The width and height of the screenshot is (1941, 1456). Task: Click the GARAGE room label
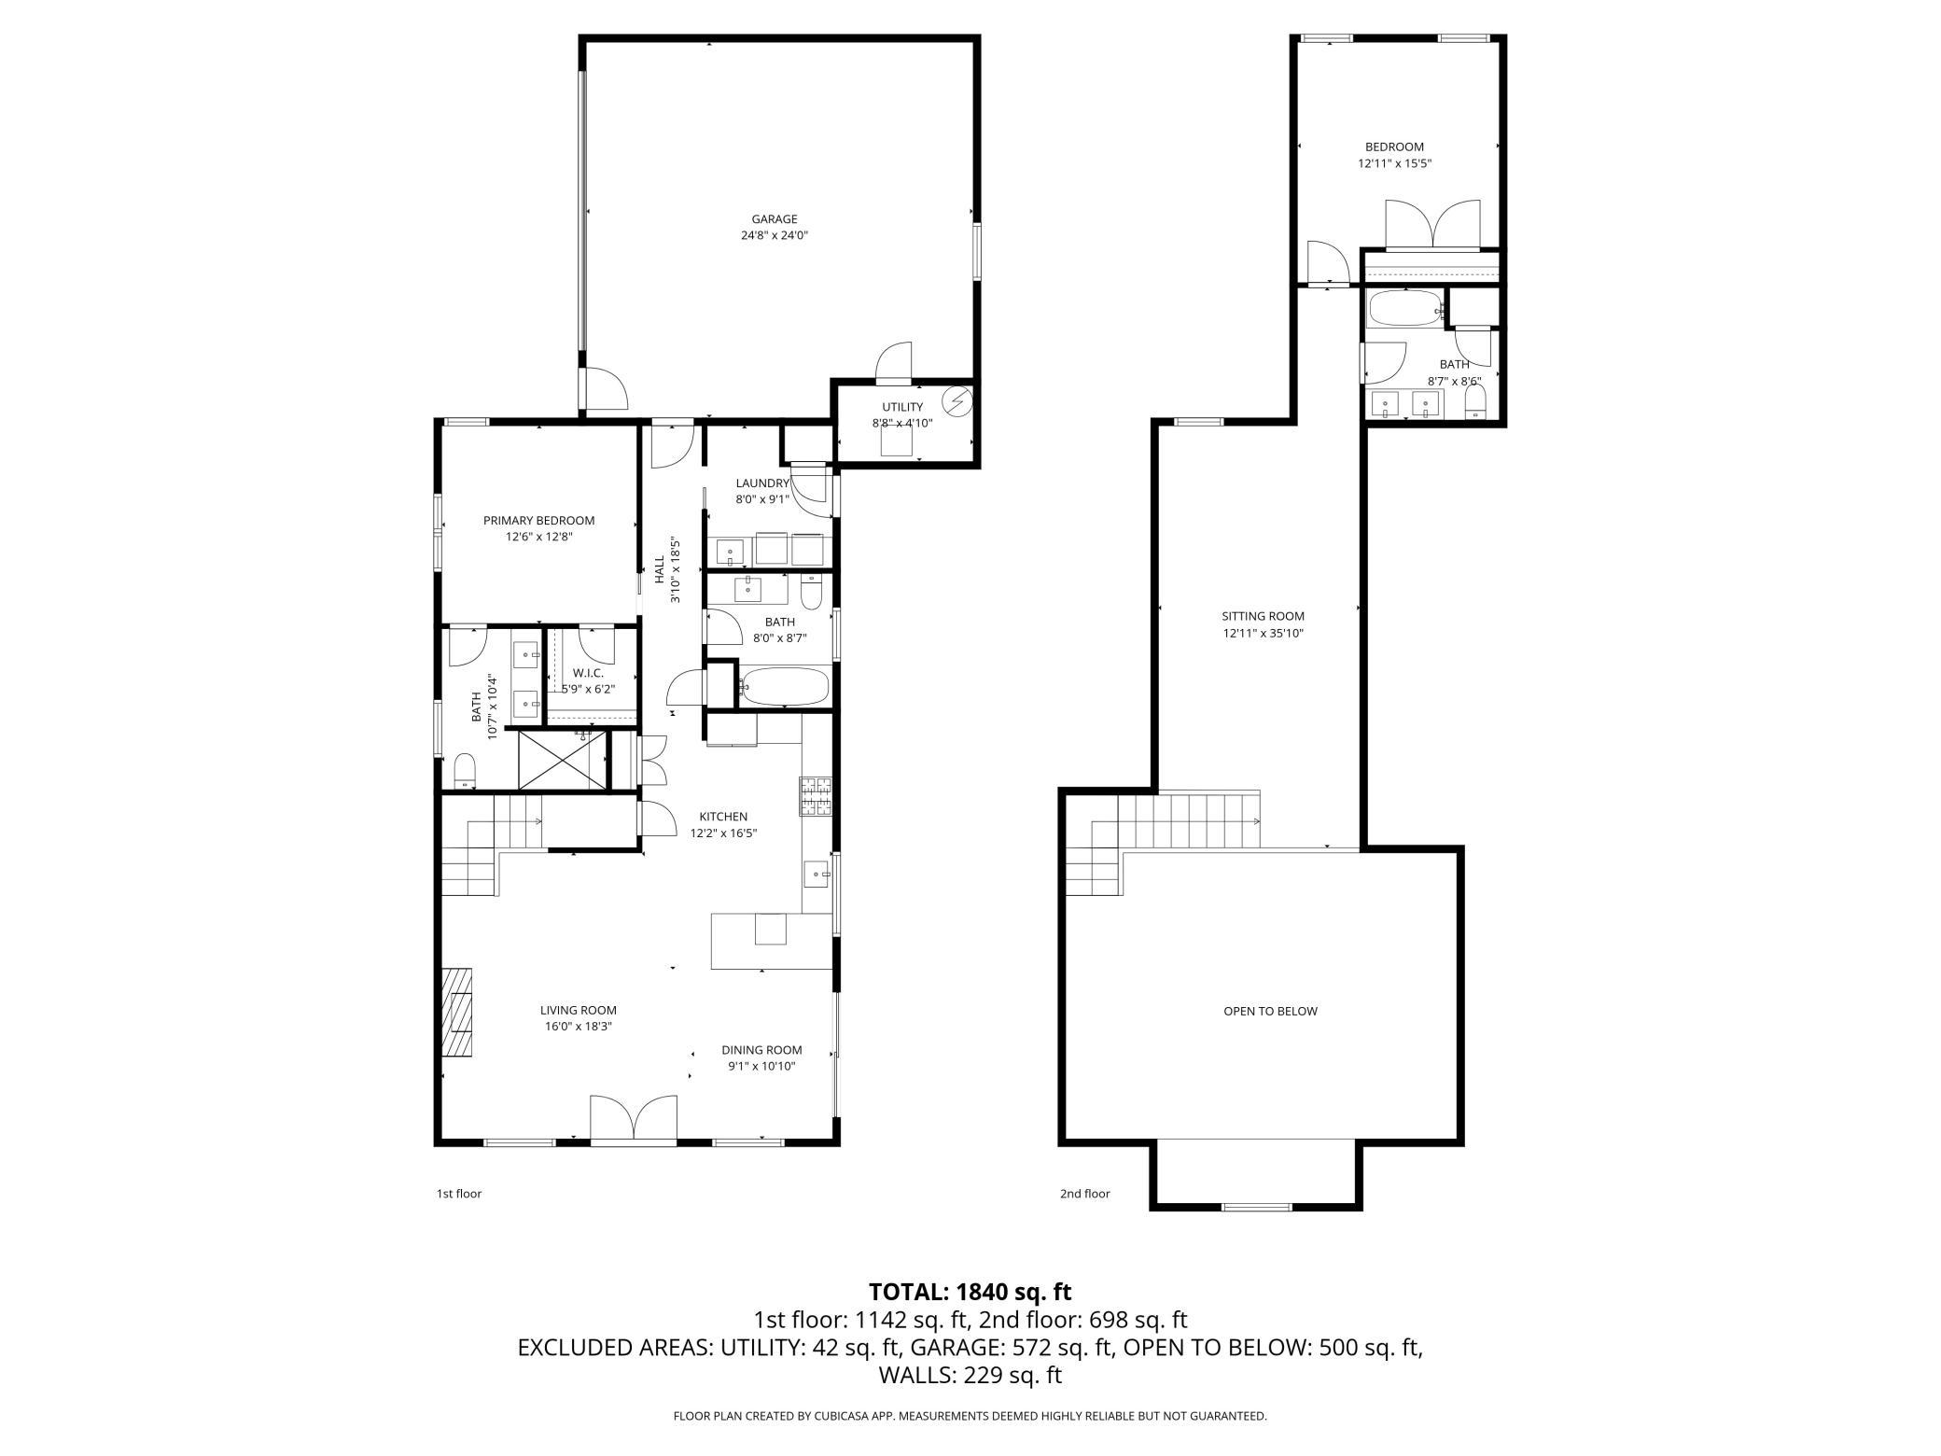775,219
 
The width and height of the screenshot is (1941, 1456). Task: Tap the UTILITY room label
902,407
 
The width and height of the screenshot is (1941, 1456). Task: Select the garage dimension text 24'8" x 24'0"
775,236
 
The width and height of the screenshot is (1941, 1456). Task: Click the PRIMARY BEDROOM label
538,521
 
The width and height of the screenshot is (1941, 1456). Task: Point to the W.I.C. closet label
588,673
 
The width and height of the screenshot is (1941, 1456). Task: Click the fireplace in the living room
457,1012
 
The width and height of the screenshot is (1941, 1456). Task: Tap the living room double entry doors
634,1117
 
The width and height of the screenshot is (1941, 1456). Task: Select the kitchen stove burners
816,796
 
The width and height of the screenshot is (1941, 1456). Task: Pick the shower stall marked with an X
562,761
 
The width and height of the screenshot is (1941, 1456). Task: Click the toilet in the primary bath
465,770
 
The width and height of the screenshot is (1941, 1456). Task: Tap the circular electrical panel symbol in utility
957,401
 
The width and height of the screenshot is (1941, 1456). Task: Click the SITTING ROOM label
1263,616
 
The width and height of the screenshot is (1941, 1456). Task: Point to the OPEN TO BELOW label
1270,1011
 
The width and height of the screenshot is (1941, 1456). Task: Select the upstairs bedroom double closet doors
1432,224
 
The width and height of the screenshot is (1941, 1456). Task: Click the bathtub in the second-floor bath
1404,308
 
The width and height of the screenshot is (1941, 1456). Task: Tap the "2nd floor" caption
1085,1194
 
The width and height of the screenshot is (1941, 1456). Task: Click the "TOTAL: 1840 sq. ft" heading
970,1292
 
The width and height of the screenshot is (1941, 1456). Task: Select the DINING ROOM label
761,1050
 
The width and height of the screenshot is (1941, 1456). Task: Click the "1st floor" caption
459,1194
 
